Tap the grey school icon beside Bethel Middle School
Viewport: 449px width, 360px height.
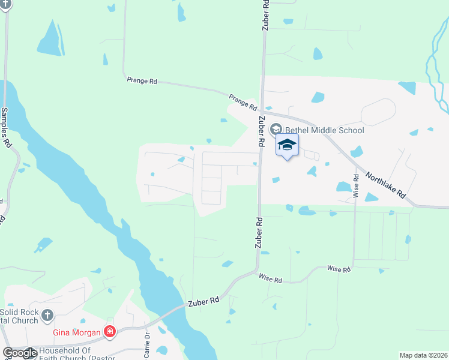point(276,129)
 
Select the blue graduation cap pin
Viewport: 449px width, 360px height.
point(287,146)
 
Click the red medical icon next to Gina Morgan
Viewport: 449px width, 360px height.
point(109,331)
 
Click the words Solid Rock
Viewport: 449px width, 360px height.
point(19,313)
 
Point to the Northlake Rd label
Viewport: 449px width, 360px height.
point(387,187)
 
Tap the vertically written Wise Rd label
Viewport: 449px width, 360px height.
point(356,185)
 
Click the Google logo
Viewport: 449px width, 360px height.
point(20,353)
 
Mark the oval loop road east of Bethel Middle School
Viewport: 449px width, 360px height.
point(378,112)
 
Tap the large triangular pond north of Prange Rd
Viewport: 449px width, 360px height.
point(51,40)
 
